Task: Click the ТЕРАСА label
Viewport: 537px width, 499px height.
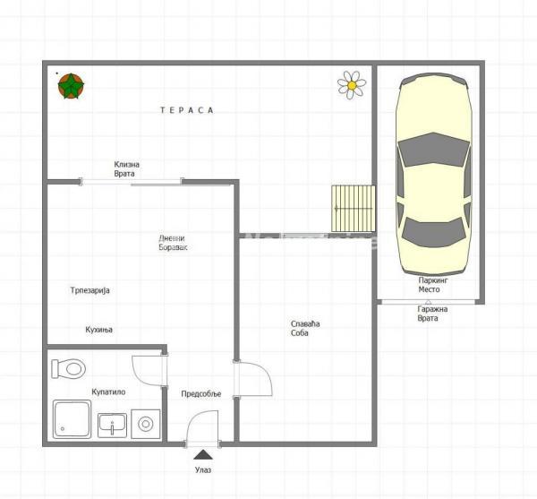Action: (186, 110)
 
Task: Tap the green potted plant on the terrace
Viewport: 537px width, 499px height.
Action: (71, 86)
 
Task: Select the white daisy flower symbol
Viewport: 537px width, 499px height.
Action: (352, 84)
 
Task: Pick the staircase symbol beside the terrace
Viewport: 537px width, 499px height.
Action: (353, 207)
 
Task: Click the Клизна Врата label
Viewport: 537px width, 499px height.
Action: (126, 168)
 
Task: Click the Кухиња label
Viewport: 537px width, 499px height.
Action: (99, 329)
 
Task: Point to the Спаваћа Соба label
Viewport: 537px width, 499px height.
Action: (305, 328)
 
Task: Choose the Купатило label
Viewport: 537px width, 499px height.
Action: (108, 391)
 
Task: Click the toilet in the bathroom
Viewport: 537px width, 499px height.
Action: (68, 367)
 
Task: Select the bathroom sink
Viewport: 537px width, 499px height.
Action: (112, 423)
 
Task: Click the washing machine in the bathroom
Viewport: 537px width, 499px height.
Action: (146, 423)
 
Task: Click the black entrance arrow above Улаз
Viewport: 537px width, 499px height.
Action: (203, 456)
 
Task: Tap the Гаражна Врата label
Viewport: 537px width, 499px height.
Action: (432, 314)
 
